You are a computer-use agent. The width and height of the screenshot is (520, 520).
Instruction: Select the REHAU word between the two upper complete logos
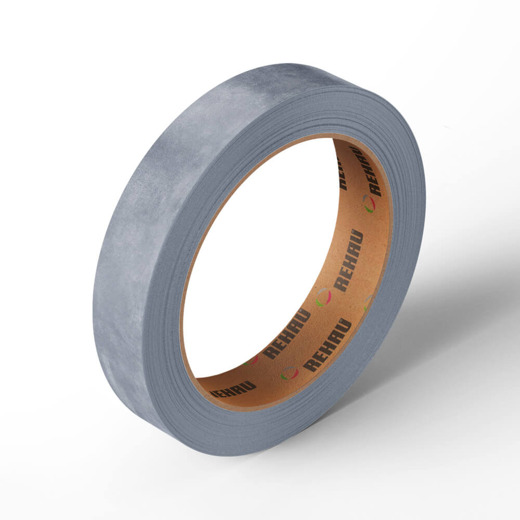point(348,261)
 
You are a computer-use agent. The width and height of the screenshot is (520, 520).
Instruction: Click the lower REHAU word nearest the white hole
point(287,334)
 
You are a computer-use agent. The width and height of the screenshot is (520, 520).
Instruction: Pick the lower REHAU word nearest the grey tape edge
point(327,345)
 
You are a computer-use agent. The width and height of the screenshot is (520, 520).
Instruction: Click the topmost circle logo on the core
point(369,204)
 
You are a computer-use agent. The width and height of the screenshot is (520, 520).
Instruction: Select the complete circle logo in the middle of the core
point(323,297)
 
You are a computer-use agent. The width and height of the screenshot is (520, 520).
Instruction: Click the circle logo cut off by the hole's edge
point(251,360)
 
